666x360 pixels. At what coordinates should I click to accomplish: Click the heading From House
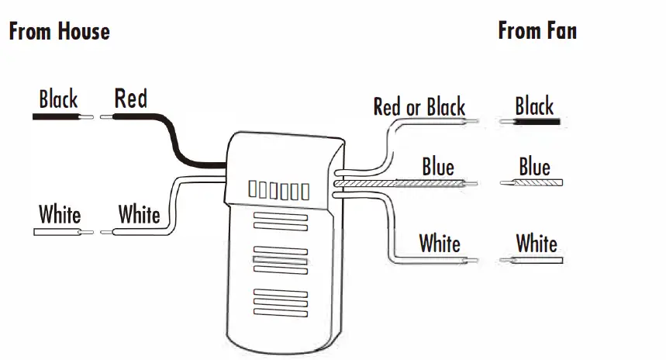[x=59, y=32]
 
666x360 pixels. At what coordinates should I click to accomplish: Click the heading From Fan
[x=537, y=31]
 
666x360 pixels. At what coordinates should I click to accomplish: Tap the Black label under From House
[x=58, y=99]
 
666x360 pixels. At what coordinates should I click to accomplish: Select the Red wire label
[x=130, y=99]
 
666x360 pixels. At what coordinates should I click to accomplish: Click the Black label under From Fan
[x=534, y=106]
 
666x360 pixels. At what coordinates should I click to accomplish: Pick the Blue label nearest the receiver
[x=438, y=166]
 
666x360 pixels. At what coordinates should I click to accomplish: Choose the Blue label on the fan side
[x=534, y=167]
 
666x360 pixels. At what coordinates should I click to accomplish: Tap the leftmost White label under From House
[x=60, y=214]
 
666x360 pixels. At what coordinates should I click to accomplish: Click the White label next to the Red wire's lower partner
[x=139, y=214]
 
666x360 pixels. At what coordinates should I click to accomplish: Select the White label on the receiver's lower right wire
[x=440, y=243]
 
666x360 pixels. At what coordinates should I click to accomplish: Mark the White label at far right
[x=537, y=243]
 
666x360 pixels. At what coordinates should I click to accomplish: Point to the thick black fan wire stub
[x=538, y=123]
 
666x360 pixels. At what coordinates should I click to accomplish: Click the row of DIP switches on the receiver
[x=278, y=190]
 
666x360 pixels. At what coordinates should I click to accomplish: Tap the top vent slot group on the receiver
[x=280, y=223]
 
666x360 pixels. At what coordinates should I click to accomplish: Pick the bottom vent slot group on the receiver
[x=280, y=300]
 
